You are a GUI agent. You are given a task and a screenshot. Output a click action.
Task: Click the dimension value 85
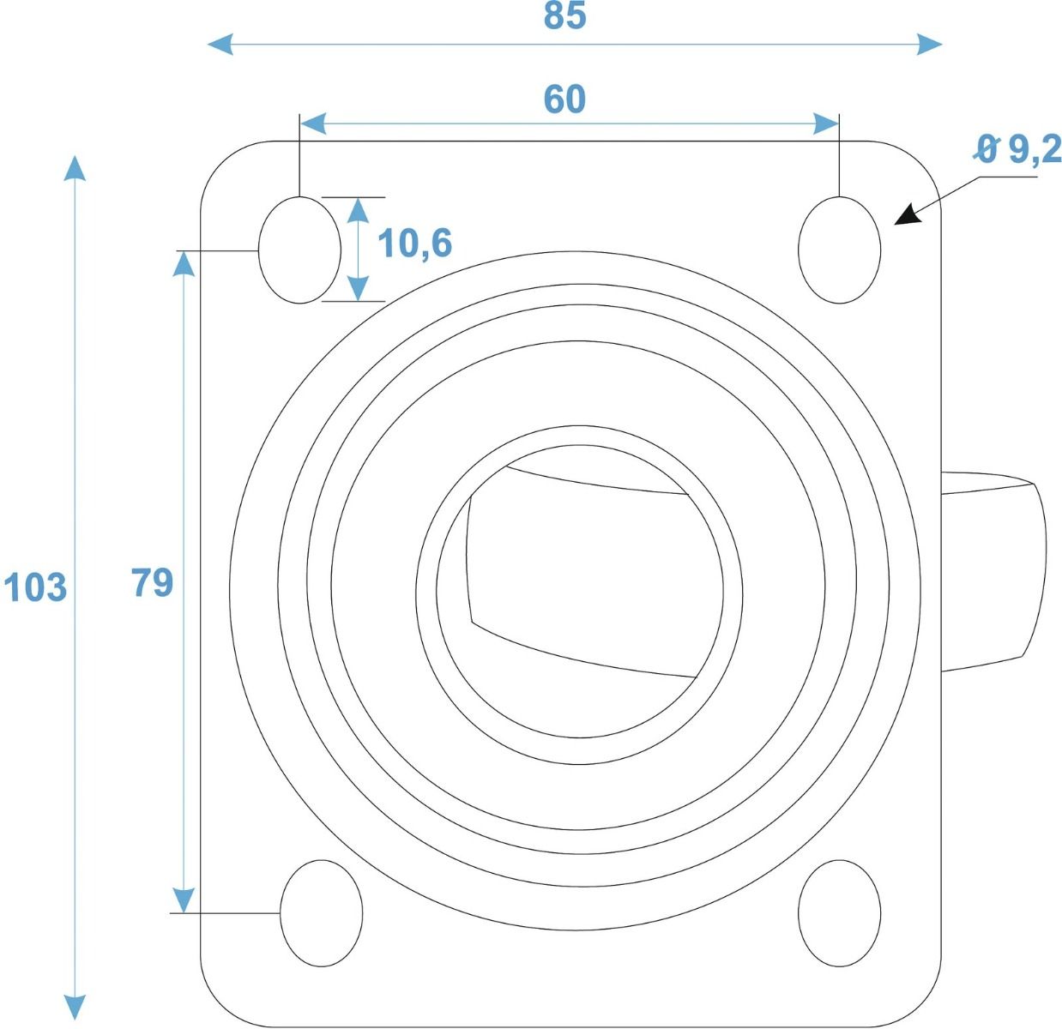564,15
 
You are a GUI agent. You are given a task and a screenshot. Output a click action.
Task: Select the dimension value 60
564,99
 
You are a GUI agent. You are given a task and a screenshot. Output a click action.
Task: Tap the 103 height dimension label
35,587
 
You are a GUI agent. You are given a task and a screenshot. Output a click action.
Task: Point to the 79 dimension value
152,582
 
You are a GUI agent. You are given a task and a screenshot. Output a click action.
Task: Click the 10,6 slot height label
414,244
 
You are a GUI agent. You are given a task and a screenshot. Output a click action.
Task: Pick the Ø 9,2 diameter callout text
1018,149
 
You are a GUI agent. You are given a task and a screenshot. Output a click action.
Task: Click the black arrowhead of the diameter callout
907,215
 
